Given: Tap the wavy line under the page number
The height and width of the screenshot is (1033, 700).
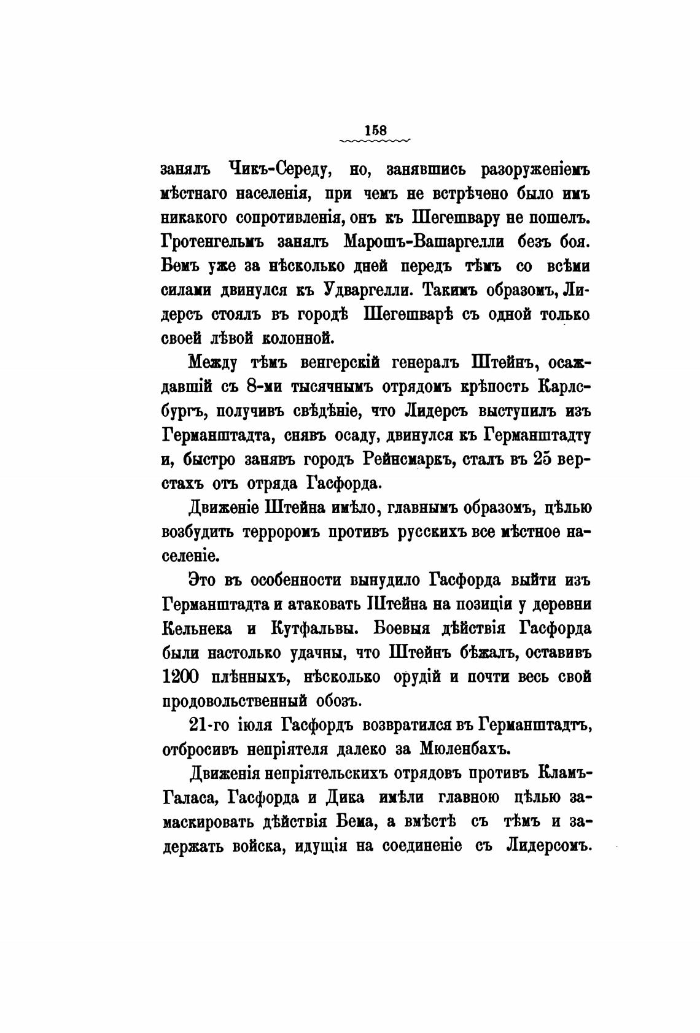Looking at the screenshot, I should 375,141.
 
